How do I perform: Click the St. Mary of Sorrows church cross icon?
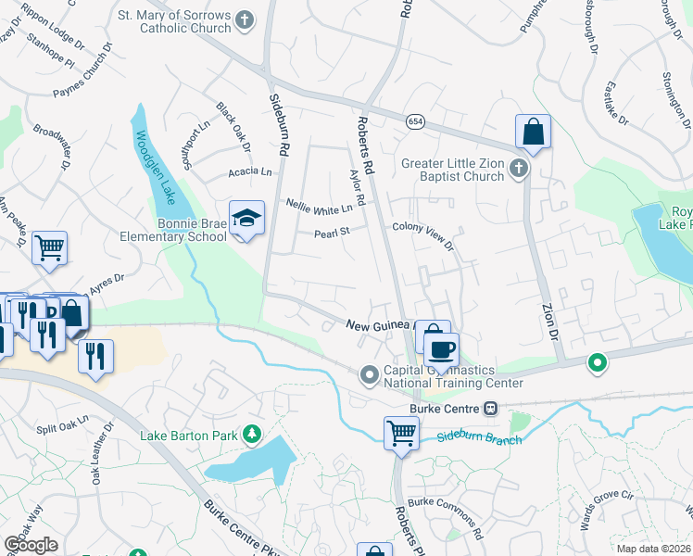[x=245, y=19]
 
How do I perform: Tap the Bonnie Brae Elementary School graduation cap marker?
[x=246, y=219]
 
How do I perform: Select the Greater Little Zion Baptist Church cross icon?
[x=519, y=169]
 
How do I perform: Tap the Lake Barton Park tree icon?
[x=250, y=434]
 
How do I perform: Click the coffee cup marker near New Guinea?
[x=442, y=349]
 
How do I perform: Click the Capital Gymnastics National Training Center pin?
[x=370, y=374]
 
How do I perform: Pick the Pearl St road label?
[x=329, y=232]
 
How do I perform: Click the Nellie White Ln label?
[x=320, y=204]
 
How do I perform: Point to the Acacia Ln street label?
[x=252, y=171]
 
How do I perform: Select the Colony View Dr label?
[x=422, y=232]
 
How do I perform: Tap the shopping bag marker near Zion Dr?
[x=533, y=132]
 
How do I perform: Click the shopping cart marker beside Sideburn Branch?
[x=401, y=432]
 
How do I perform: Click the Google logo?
[x=31, y=545]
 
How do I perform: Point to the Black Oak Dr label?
[x=233, y=127]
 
